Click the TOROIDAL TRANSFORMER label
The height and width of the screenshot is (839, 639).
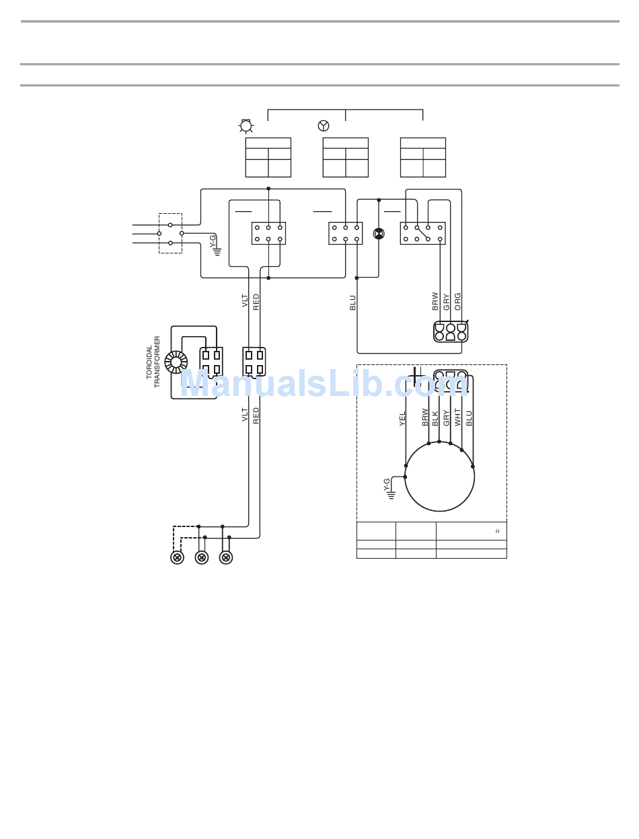point(153,362)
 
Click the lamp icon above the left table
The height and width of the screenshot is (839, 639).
point(246,126)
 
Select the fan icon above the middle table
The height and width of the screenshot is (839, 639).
point(324,126)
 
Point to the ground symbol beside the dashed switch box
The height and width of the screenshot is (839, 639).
point(217,252)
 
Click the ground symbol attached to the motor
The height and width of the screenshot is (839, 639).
point(391,495)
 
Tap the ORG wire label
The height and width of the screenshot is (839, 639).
point(458,302)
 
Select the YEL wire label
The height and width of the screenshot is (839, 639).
point(402,419)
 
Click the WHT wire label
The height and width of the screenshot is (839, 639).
point(458,417)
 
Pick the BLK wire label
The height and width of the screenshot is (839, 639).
point(435,419)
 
